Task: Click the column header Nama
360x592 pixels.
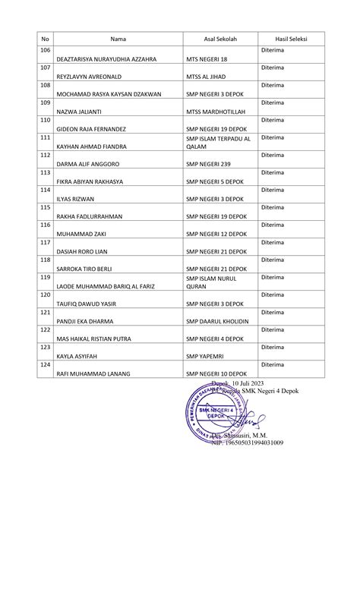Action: pos(118,39)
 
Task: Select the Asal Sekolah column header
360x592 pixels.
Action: pos(219,39)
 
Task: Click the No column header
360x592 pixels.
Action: pos(45,39)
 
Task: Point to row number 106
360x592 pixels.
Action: pos(45,49)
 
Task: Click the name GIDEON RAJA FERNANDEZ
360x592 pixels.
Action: pos(91,129)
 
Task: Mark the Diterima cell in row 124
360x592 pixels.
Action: pos(272,365)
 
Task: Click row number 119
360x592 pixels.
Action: pos(45,278)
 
